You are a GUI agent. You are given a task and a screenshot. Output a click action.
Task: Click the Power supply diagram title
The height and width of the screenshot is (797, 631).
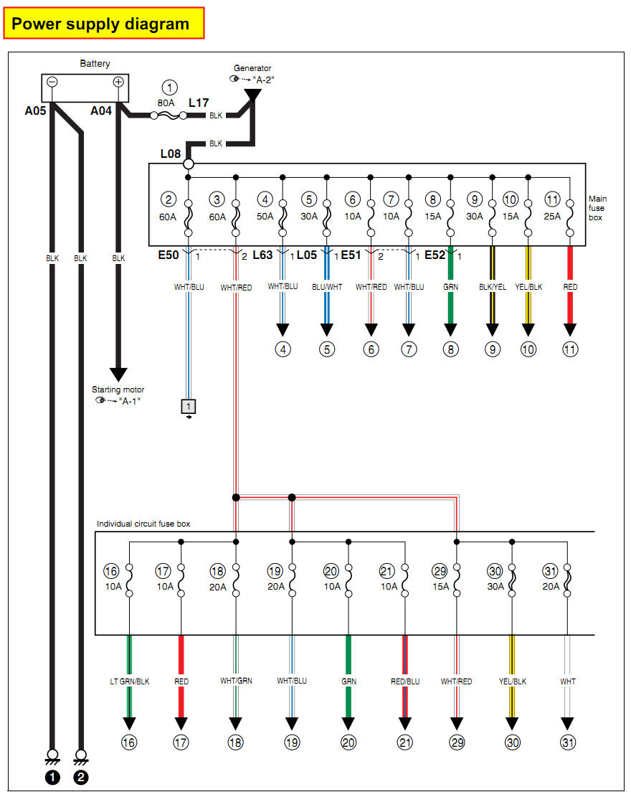(x=100, y=24)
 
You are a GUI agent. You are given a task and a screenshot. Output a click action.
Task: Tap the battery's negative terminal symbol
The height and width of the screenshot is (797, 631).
(x=52, y=82)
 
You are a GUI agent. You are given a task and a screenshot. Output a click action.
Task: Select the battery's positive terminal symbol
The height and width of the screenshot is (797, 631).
(x=119, y=82)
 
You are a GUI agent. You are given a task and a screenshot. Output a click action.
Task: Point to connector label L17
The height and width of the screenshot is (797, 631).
(x=199, y=103)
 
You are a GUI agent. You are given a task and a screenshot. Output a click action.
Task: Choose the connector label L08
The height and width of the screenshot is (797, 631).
(x=171, y=154)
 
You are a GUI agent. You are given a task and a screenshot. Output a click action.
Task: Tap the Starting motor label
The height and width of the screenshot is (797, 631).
(x=118, y=390)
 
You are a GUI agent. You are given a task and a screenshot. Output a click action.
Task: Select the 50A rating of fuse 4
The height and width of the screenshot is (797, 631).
(x=266, y=217)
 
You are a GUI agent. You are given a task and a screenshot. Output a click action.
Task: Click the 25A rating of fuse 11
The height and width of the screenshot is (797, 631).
(x=552, y=217)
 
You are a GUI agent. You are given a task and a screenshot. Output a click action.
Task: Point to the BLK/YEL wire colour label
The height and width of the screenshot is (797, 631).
(x=493, y=287)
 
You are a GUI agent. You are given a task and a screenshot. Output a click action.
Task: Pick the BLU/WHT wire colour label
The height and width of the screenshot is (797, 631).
(x=327, y=287)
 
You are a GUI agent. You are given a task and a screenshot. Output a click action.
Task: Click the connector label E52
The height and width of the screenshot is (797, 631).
(x=435, y=255)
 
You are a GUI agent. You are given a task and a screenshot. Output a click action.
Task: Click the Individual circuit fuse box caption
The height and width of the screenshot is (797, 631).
(x=143, y=524)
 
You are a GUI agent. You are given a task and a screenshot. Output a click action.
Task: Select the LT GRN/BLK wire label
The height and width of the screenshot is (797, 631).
(x=129, y=682)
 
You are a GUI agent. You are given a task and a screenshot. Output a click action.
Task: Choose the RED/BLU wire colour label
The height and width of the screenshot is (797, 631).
(x=405, y=682)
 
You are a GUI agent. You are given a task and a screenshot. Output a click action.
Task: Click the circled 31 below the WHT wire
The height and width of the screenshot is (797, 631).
(x=567, y=743)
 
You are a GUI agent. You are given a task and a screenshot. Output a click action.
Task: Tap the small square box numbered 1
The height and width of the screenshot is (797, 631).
(x=189, y=406)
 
